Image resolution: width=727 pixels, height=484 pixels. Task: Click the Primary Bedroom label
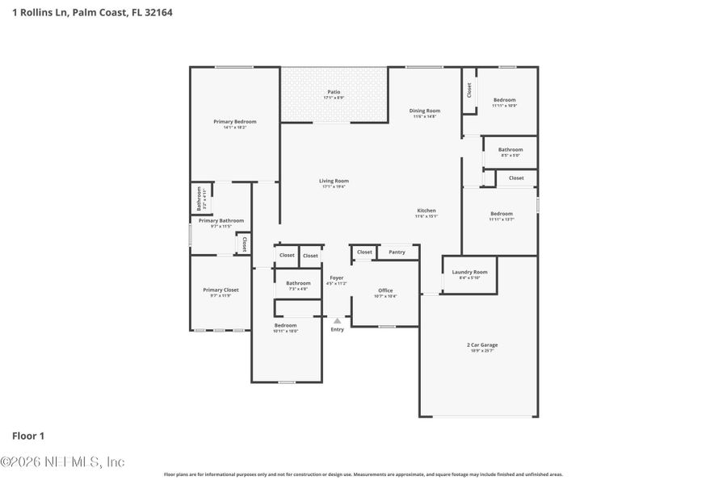235,122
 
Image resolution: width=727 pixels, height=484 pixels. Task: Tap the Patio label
333,92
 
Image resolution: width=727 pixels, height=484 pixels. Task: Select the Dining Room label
424,111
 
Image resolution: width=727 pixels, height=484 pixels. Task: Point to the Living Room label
334,181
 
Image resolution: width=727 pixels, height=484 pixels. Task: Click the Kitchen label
426,211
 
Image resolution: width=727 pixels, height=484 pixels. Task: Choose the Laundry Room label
469,272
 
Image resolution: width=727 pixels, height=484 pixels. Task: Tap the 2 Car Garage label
482,344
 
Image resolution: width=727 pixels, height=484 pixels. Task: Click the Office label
385,290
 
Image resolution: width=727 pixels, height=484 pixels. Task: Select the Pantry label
397,252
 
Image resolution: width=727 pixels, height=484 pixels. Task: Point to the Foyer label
336,277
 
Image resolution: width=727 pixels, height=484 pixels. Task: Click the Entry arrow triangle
337,320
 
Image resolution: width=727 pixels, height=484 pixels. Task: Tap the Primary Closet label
221,290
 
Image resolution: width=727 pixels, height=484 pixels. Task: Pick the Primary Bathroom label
221,220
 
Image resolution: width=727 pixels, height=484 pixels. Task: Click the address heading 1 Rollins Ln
92,12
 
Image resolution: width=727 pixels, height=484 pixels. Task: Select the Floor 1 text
28,436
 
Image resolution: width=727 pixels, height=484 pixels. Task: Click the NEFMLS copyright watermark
63,462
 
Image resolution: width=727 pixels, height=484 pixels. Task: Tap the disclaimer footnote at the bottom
363,474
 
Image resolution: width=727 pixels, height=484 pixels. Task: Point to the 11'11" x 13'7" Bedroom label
501,214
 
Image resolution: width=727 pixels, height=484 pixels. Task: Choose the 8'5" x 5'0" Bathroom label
511,149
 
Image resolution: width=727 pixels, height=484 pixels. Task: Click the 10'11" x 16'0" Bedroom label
285,325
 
